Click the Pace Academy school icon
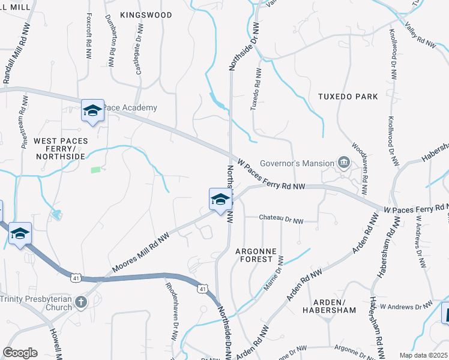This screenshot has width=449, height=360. tap(92, 110)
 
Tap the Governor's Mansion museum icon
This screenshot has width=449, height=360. tap(344, 162)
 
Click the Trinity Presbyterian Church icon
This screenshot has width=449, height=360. tap(81, 302)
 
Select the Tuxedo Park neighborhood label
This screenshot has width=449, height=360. tap(348, 96)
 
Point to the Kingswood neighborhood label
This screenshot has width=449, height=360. tap(146, 14)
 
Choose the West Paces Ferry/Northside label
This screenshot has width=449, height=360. tap(60, 149)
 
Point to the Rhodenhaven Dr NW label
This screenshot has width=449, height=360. tap(170, 307)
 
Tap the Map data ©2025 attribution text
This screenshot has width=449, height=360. tap(423, 355)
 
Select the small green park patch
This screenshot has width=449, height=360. tap(95, 170)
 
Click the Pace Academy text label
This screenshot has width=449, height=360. tap(130, 108)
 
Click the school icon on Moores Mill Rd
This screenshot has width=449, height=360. tap(220, 200)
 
